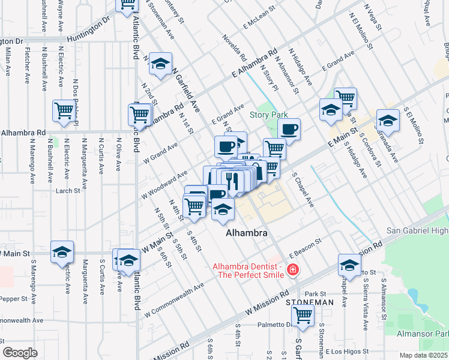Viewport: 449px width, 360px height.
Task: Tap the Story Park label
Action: click(269, 115)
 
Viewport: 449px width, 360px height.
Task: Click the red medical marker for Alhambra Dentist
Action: click(293, 271)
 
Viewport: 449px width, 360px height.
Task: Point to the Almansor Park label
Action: click(423, 333)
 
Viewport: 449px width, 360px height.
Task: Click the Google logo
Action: click(20, 353)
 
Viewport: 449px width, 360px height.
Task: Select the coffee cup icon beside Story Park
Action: click(289, 129)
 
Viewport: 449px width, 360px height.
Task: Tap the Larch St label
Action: click(68, 191)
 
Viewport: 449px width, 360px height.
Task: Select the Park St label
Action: click(315, 293)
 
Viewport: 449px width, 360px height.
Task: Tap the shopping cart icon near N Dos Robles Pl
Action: click(64, 110)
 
